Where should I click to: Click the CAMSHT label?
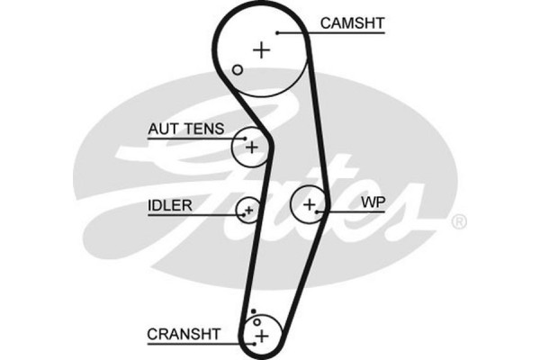[350, 21]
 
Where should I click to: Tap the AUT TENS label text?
[185, 130]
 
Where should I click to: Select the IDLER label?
[169, 204]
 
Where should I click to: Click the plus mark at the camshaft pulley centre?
[261, 49]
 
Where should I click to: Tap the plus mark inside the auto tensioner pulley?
[252, 146]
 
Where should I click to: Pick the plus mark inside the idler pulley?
[248, 211]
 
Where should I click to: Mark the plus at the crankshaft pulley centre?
[261, 336]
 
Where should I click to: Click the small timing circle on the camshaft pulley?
[238, 69]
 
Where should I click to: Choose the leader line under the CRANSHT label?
[198, 343]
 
